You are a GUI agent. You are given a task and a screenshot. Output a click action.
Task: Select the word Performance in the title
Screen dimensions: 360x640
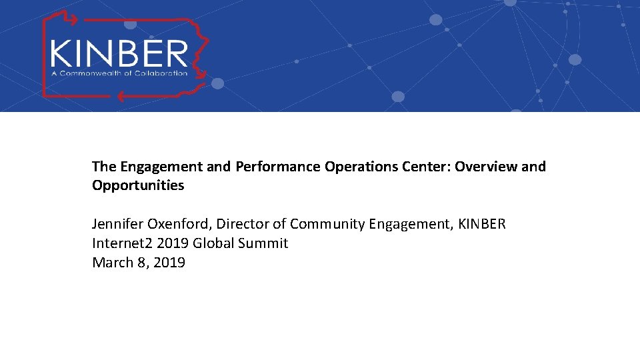click(x=278, y=167)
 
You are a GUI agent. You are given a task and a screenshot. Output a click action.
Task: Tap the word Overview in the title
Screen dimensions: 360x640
click(x=486, y=167)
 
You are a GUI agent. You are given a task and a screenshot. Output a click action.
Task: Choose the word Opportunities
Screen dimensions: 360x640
click(x=138, y=185)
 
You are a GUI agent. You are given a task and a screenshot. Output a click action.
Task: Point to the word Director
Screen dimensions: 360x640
click(x=243, y=224)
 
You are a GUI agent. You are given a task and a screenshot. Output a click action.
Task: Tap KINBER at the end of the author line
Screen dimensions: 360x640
click(x=482, y=224)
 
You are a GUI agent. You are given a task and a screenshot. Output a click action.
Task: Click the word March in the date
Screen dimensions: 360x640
click(x=112, y=263)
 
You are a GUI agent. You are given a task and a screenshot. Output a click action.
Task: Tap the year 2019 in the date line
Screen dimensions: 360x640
click(x=169, y=263)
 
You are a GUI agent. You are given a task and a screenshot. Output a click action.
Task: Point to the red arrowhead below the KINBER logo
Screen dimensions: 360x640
click(x=121, y=95)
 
